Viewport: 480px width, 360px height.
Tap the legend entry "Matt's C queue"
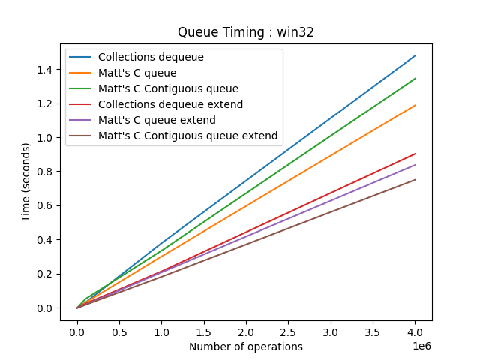[x=137, y=73]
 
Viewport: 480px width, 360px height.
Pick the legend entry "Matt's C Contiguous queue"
[x=168, y=88]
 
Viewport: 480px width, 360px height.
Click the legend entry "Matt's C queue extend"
[x=157, y=120]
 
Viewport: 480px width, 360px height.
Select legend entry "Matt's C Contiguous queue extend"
[x=187, y=136]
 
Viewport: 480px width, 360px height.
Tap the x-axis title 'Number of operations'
[x=246, y=346]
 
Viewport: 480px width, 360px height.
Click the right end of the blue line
[x=415, y=55]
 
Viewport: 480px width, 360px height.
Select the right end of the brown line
[x=415, y=179]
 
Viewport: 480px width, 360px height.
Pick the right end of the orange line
[x=415, y=105]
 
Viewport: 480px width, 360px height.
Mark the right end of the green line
[x=415, y=78]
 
